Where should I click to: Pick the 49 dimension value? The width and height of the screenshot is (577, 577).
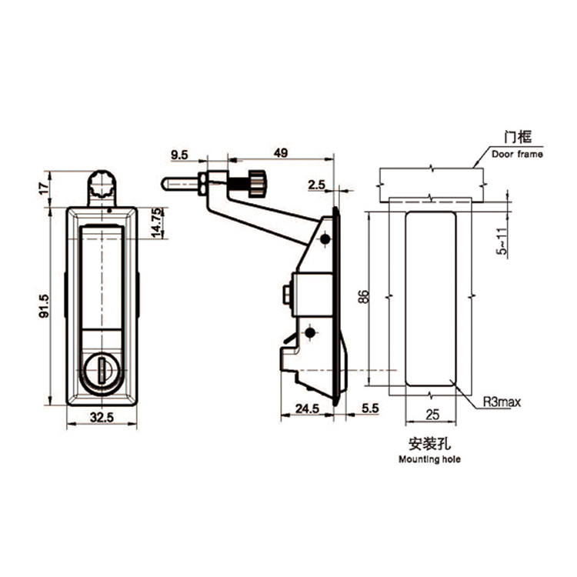point(280,154)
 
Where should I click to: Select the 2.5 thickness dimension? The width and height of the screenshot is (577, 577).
point(316,185)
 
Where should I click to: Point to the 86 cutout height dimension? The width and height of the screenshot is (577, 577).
point(364,296)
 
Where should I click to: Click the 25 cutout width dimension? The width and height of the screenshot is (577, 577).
point(431,415)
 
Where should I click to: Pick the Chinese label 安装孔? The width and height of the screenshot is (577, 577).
point(429,444)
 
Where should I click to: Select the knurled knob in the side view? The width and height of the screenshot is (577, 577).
point(254,185)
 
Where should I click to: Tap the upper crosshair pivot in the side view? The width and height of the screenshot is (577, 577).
point(325,241)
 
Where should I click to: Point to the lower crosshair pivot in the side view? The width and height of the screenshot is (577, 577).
point(310,332)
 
